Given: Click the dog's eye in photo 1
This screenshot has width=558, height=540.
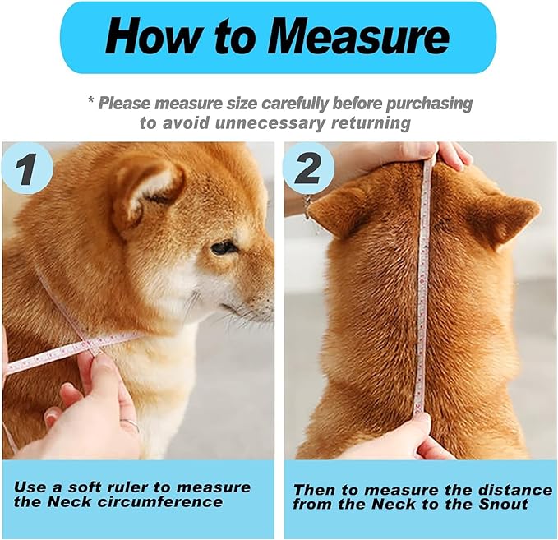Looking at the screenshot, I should click(222, 247).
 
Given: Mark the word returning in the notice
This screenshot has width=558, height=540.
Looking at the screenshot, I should click(371, 123).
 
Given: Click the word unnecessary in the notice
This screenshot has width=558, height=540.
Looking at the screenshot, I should click(254, 123).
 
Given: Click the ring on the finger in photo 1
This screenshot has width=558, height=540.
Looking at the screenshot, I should click(130, 425).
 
